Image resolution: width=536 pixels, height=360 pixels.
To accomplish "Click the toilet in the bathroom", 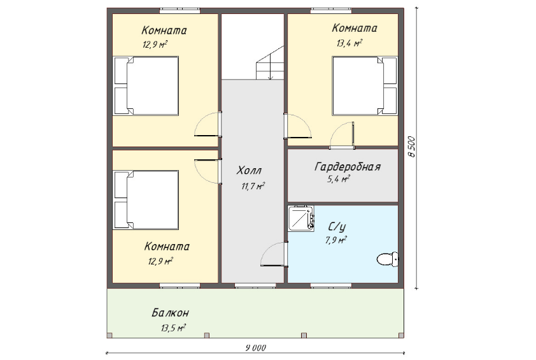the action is [388, 259].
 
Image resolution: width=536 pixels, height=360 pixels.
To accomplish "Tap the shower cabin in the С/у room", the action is [301, 219].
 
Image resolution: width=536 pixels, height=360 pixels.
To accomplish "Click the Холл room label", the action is [250, 170].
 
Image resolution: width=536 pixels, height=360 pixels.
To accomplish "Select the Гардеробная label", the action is [348, 167].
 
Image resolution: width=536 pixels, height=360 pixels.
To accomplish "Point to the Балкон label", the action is [170, 312].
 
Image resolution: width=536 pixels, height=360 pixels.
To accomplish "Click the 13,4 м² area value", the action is [349, 43].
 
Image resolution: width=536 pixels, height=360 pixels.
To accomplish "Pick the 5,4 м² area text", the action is [339, 179].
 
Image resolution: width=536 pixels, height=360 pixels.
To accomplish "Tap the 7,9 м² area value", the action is [335, 240].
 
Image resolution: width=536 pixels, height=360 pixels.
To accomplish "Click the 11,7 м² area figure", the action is [253, 186].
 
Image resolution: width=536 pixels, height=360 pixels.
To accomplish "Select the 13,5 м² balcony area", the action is [173, 328].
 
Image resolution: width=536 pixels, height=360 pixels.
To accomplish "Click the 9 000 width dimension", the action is [255, 348].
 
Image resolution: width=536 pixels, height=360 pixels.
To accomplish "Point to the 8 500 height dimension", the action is [412, 147].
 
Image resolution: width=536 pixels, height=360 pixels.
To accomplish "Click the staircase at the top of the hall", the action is [270, 62].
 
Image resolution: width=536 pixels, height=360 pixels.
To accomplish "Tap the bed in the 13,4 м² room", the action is [365, 85].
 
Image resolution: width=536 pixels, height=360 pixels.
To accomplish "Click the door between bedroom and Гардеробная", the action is [342, 136].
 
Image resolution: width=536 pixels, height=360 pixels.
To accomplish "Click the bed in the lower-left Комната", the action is [146, 200].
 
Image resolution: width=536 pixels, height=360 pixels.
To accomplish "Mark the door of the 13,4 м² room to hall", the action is [297, 126].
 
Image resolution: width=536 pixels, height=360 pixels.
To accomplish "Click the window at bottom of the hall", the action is [255, 285].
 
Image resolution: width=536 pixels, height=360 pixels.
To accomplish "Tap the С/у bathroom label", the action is [337, 227].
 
